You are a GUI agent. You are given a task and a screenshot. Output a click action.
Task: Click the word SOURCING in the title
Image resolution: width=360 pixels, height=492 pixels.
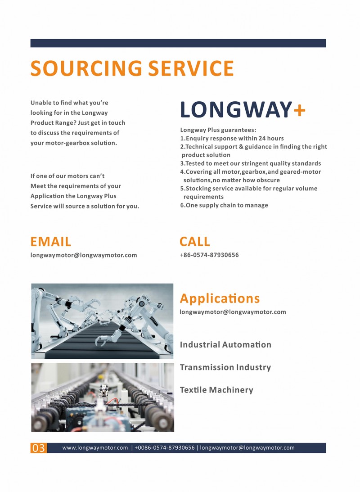86,68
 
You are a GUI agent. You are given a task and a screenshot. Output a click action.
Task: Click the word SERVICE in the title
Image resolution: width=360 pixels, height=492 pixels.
191,68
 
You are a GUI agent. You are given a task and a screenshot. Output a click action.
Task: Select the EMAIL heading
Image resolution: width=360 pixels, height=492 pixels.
50,242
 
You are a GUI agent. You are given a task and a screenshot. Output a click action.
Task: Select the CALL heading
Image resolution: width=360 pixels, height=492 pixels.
194,242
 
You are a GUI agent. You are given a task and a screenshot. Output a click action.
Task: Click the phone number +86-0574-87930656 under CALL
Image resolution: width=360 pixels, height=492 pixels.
209,255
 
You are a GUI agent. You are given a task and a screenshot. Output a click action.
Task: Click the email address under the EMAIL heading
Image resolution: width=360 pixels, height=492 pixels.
84,255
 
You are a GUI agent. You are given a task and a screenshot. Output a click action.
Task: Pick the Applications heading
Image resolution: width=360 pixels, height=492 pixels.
220,298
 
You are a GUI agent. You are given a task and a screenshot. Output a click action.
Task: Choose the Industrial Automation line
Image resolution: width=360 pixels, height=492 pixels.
225,345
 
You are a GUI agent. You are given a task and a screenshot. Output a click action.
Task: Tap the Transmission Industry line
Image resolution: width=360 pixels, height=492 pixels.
225,367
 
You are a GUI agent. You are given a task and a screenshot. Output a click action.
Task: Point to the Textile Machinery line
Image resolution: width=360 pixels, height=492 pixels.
216,390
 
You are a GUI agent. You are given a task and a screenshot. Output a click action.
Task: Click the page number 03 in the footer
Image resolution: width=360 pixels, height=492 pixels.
38,448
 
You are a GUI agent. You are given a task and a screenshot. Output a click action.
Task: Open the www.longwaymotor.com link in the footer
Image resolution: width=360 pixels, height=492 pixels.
95,448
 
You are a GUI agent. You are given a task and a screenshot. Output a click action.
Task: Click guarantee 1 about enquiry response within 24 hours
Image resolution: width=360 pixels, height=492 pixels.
232,138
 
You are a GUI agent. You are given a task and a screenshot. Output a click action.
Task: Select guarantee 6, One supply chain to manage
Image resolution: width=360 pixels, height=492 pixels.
224,205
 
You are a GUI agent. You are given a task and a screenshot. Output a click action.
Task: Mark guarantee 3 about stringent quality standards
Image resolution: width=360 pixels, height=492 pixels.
251,163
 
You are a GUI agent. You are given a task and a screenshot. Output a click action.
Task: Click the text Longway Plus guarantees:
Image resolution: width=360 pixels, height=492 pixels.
218,130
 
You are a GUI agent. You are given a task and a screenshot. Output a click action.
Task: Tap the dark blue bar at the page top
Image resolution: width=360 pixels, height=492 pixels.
178,43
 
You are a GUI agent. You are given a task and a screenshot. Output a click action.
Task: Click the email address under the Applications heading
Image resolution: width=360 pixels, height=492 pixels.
233,312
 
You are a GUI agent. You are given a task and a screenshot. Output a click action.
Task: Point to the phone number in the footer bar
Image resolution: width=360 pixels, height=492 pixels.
165,448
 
